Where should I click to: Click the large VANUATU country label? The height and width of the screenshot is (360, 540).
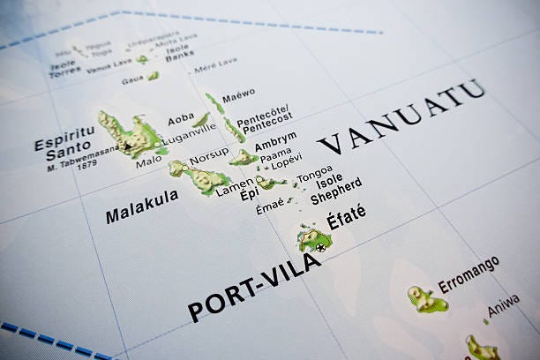coord(401,116)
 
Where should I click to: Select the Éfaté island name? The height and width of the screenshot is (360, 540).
coord(346,217)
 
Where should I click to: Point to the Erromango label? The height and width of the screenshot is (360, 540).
coord(469,274)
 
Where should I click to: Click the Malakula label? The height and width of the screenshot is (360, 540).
coord(141,206)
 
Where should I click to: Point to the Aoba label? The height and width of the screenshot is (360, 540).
coord(181,116)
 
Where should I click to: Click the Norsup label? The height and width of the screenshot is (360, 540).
coord(209,153)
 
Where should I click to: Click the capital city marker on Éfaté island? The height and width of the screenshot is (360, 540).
coord(320,247)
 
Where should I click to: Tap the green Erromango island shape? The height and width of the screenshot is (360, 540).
coord(426,300)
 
